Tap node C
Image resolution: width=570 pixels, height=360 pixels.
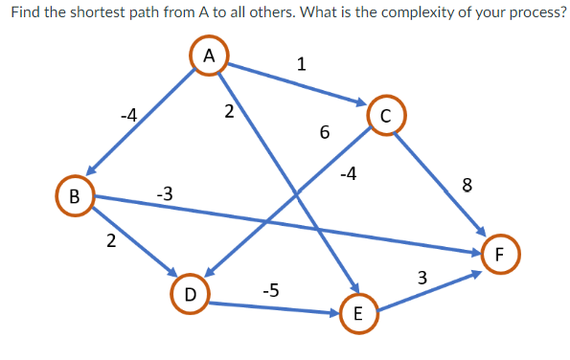point(385,117)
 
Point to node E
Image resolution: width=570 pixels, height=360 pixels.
point(357,314)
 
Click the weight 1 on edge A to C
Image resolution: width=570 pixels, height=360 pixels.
point(302,65)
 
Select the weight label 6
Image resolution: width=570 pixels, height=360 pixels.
point(325,133)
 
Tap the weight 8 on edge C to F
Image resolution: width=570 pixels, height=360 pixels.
point(467,186)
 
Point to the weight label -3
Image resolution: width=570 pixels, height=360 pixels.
point(164,194)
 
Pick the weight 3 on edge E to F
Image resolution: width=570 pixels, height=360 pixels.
point(422,279)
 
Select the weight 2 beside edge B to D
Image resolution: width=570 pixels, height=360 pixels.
point(111,239)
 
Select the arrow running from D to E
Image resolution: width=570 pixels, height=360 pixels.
point(273,307)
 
